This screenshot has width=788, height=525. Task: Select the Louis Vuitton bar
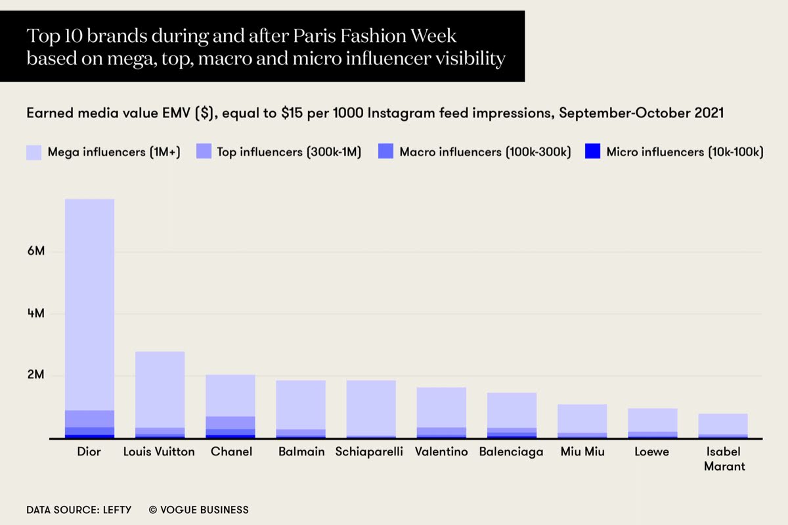click(160, 390)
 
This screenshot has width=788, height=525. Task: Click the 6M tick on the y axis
click(35, 251)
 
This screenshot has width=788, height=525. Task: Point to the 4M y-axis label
click(35, 314)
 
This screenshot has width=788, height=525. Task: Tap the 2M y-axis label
click(35, 376)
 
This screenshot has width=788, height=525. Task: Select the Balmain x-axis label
click(301, 452)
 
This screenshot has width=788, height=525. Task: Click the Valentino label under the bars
click(441, 452)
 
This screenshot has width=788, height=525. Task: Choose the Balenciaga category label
click(511, 452)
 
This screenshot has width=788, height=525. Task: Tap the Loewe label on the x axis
click(651, 452)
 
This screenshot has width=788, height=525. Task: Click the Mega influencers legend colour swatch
click(34, 152)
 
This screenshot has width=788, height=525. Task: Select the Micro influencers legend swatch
click(593, 152)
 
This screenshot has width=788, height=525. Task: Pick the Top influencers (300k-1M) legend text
click(288, 152)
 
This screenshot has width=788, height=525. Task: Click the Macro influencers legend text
click(485, 152)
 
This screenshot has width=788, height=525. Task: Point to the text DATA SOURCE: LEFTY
click(79, 509)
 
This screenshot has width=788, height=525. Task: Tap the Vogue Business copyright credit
click(198, 509)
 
